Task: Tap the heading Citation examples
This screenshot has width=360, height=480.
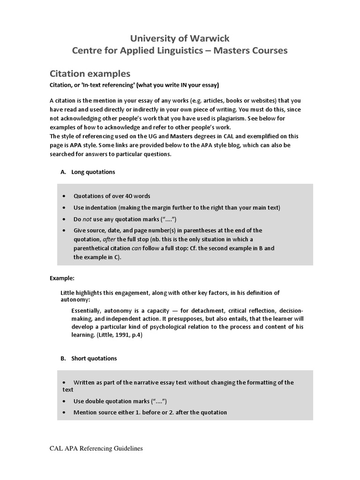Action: tap(90, 74)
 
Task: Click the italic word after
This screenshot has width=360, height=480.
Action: tap(111, 239)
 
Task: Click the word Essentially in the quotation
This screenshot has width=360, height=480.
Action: tap(88, 311)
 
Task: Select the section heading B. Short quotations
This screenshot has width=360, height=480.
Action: tap(89, 358)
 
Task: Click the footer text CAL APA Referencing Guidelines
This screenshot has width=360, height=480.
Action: tap(96, 449)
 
